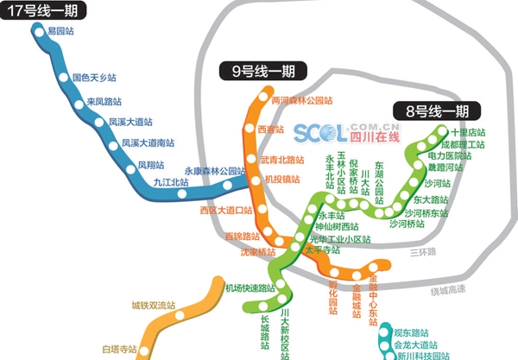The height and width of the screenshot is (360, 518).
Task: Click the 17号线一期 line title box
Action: tap(40, 12)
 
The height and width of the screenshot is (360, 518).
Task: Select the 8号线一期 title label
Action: tap(429, 111)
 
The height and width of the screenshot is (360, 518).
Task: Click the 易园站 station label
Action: tap(60, 31)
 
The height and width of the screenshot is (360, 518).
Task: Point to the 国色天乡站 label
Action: tap(94, 78)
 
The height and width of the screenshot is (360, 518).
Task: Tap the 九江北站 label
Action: tap(170, 182)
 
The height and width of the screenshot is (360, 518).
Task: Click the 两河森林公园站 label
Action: tap(301, 100)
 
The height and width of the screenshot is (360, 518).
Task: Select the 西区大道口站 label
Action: tap(225, 210)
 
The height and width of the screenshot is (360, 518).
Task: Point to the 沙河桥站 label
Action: tap(407, 224)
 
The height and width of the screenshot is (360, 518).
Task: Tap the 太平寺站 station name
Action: tap(322, 250)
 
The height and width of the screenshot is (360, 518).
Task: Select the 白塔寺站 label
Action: tap(119, 349)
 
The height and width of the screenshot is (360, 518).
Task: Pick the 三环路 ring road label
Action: tap(423, 251)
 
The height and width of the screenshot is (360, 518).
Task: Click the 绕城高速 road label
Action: tap(447, 290)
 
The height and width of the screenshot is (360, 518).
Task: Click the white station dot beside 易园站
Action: tap(39, 31)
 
